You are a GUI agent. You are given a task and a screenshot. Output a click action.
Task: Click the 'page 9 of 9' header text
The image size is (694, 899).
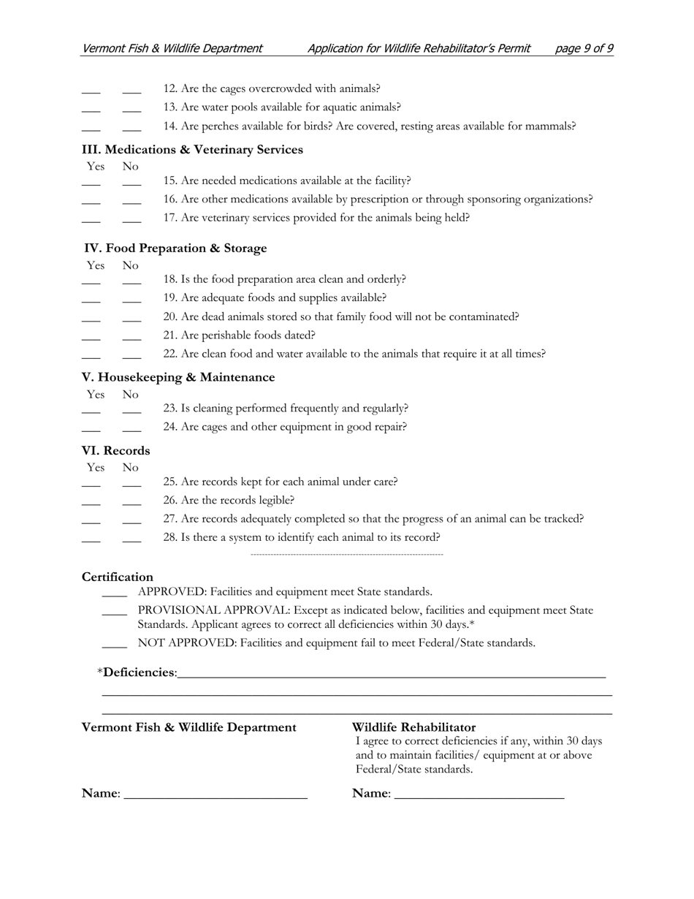click(584, 48)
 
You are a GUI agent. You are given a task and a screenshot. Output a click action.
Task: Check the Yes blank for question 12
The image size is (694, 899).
click(91, 91)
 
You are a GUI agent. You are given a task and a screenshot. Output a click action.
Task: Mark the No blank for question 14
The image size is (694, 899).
click(131, 128)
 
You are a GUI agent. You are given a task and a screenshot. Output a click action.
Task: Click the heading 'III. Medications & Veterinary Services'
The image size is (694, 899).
click(192, 150)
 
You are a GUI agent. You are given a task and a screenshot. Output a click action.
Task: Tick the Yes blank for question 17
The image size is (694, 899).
click(91, 219)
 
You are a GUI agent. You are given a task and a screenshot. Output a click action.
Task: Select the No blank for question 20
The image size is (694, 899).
click(131, 319)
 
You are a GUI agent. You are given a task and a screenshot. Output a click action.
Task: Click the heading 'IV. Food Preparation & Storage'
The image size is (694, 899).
click(175, 249)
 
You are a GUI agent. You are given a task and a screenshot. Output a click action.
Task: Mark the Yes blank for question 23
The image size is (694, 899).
click(91, 410)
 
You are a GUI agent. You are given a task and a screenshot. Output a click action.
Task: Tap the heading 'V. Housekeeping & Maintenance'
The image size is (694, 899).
click(178, 377)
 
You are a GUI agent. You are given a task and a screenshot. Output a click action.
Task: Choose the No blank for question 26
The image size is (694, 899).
click(131, 502)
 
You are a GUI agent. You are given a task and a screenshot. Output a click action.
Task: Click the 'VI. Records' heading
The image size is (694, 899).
click(115, 450)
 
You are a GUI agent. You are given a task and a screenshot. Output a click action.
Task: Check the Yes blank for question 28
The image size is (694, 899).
click(91, 539)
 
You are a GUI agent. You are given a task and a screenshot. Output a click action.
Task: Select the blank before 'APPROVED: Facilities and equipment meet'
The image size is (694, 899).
click(114, 594)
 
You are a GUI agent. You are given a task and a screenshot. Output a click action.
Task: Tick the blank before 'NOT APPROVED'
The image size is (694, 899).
click(114, 645)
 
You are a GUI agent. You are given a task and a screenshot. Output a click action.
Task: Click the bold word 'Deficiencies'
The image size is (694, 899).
click(139, 672)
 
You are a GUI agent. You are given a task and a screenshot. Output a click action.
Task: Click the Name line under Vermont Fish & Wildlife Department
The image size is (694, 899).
click(216, 795)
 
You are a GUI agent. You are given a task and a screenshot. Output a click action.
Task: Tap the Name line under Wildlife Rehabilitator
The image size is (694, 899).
click(478, 795)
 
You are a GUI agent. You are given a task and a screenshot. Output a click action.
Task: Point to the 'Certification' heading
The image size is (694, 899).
click(118, 577)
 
